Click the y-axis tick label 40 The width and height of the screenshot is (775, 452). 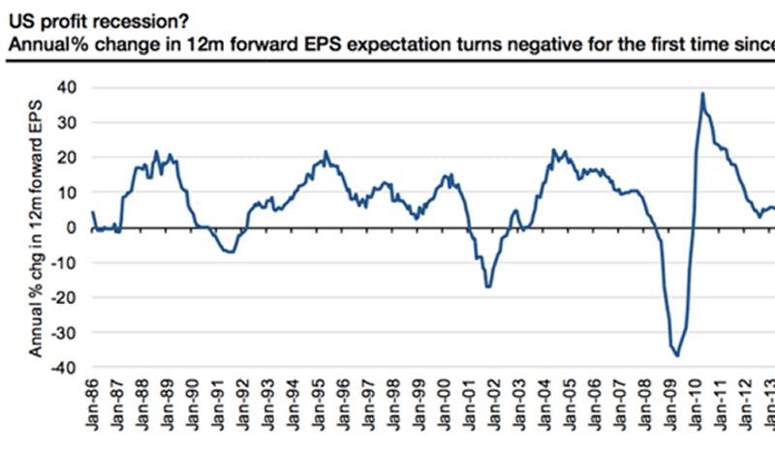(68, 88)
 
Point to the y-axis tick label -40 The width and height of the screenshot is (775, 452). (65, 368)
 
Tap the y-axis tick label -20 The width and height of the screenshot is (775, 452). (65, 298)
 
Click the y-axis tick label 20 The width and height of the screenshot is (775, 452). (68, 158)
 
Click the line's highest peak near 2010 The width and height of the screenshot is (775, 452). (702, 94)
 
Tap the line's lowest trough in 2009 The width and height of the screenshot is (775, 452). (677, 356)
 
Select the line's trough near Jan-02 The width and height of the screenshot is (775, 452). (488, 286)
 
